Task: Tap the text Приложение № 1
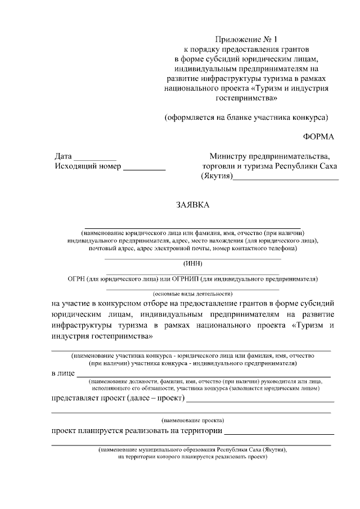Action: (x=246, y=39)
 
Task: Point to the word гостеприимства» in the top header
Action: (x=246, y=98)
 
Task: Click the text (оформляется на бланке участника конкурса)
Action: (x=246, y=118)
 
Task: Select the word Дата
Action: (x=63, y=156)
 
